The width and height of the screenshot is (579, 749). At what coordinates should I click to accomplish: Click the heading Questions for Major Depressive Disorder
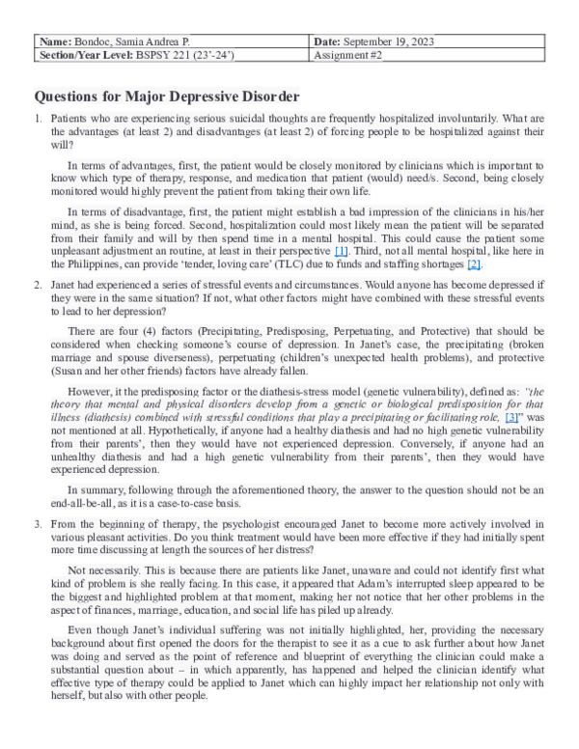point(166,97)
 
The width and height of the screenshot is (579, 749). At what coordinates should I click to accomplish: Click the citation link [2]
point(474,264)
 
